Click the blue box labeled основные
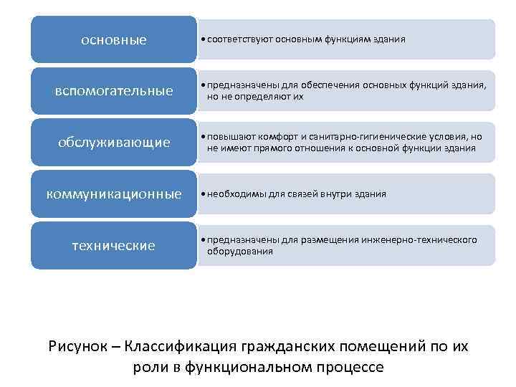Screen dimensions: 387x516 (113, 39)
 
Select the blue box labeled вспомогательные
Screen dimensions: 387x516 (113, 91)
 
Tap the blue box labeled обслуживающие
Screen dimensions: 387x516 (113, 143)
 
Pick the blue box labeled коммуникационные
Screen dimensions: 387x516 (113, 194)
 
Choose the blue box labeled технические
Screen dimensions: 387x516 (113, 246)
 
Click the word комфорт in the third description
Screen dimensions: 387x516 (270, 137)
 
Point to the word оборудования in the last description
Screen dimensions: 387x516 (240, 252)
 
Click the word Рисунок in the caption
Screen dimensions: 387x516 (78, 346)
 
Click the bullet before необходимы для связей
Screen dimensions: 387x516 (205, 194)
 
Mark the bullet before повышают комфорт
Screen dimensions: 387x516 (205, 137)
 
